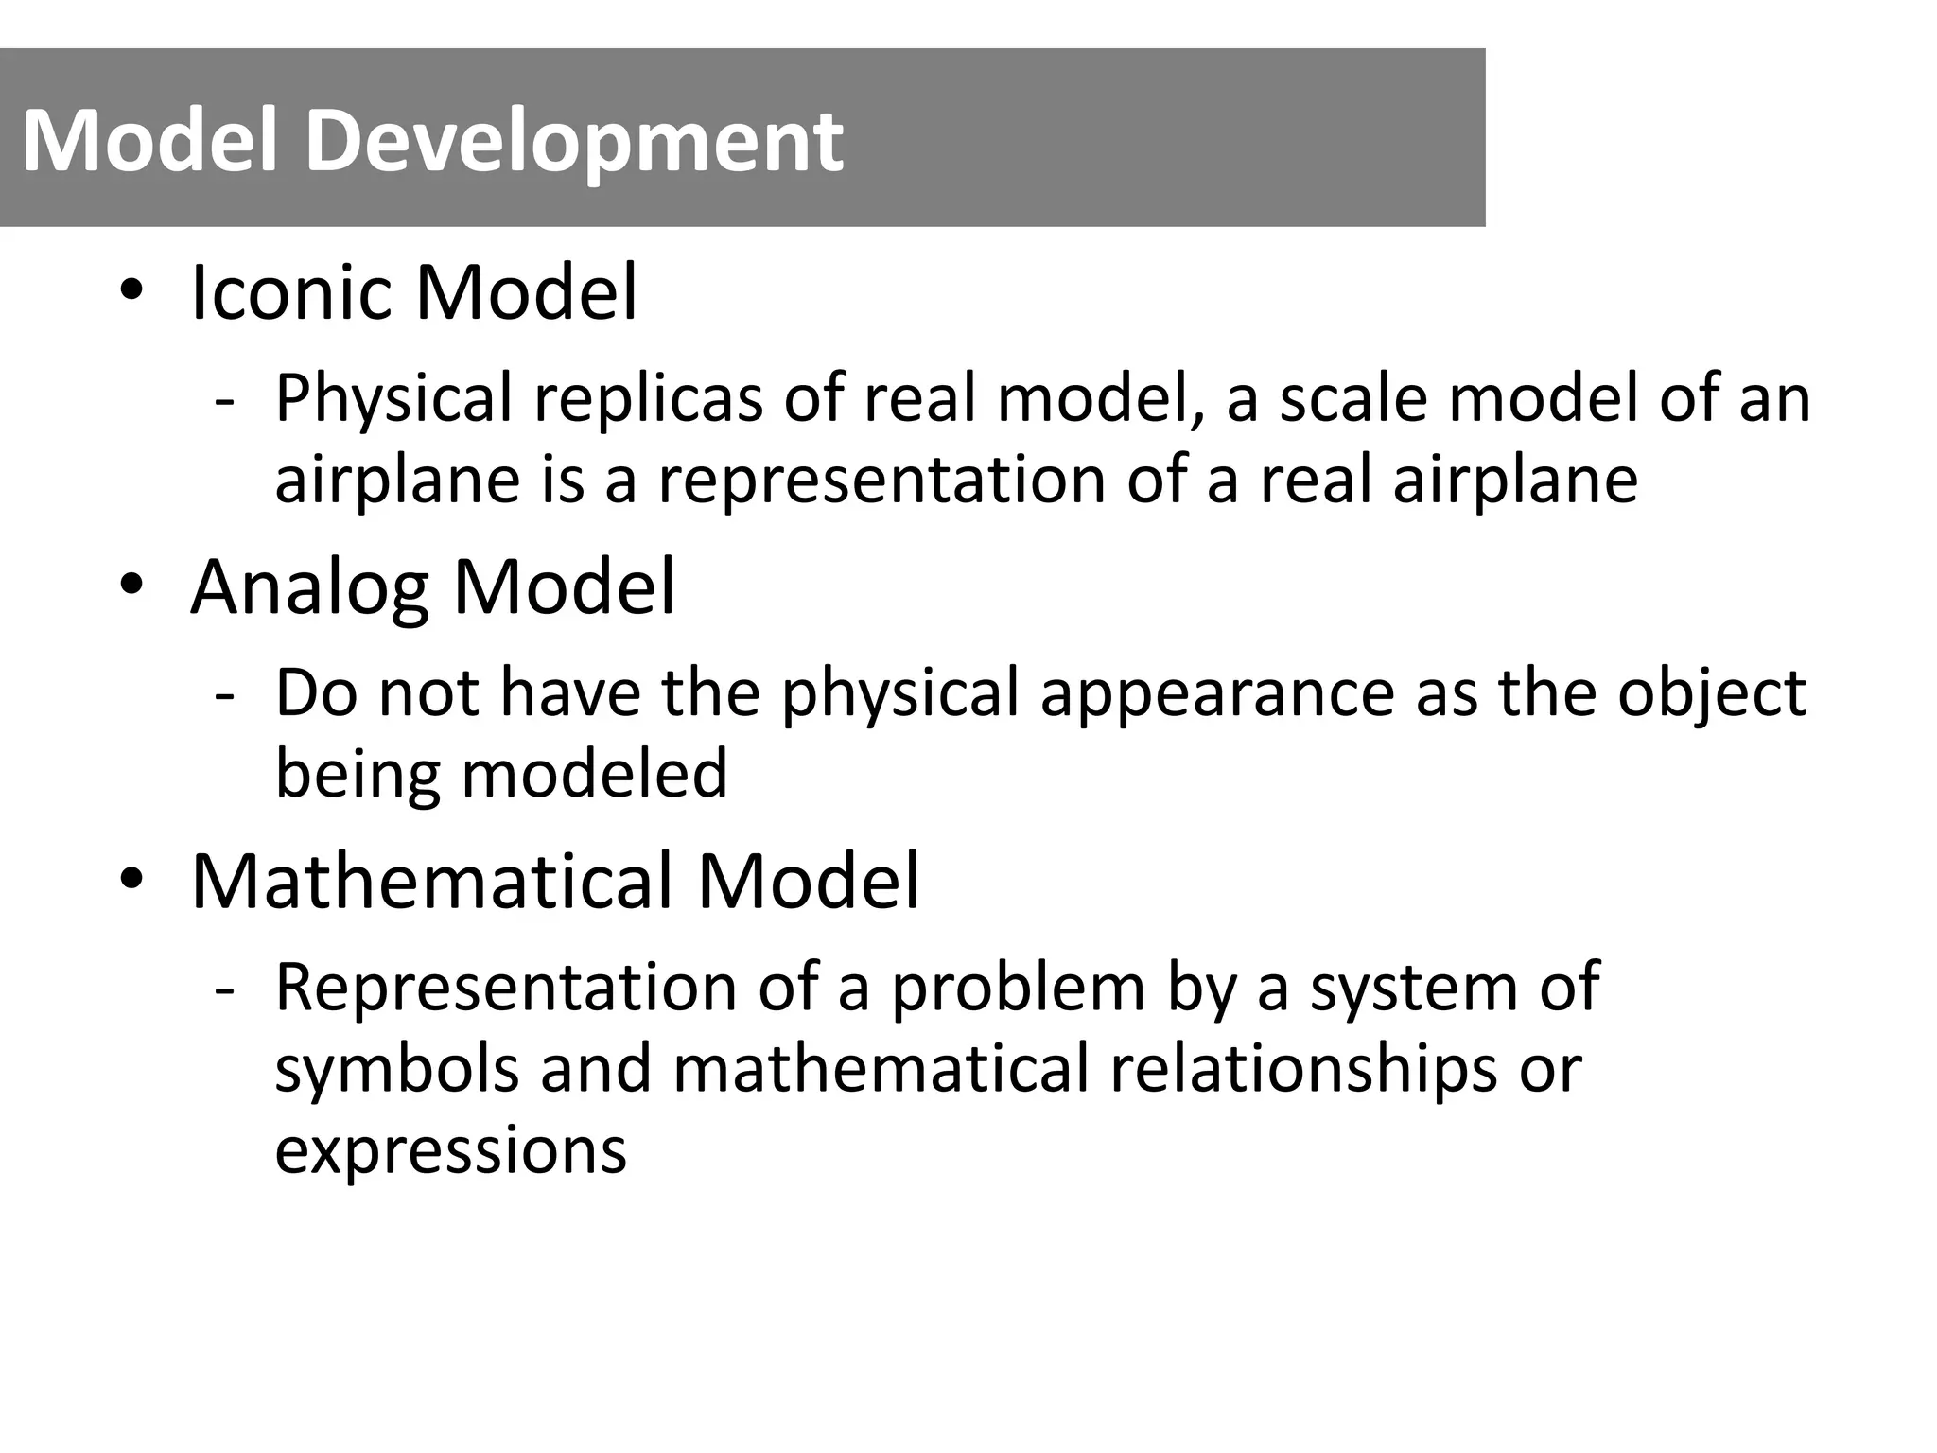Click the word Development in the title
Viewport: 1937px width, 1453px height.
(x=573, y=142)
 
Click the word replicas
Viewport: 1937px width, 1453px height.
(x=648, y=399)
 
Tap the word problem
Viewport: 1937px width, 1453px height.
(x=1018, y=988)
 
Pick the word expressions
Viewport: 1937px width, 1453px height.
(x=450, y=1151)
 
